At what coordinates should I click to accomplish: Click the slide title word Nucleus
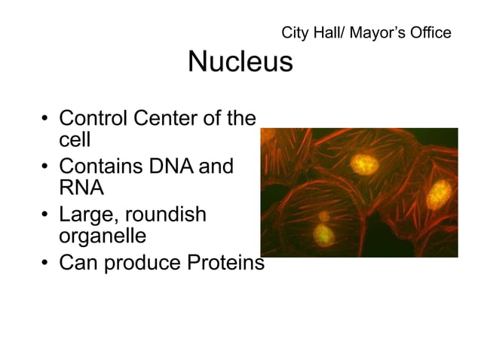[x=240, y=62]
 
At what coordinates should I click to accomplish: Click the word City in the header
[x=294, y=33]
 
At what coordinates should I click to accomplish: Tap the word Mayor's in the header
[x=377, y=33]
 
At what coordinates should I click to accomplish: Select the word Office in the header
[x=430, y=33]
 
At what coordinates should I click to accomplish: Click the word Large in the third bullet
[x=85, y=216]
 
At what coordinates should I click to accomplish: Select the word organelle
[x=102, y=236]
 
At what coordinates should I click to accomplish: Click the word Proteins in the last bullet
[x=223, y=264]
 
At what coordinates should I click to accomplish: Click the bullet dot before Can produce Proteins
[x=46, y=264]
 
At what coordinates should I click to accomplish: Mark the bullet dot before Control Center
[x=46, y=120]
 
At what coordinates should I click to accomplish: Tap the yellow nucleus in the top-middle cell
[x=366, y=163]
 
